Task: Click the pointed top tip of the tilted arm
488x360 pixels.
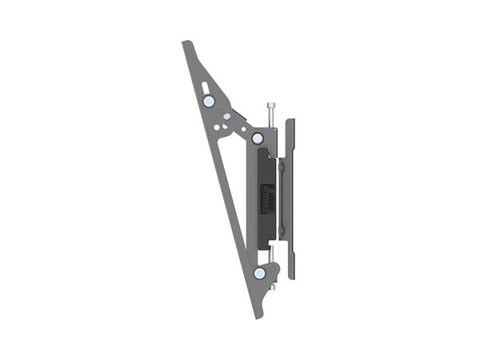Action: (x=186, y=43)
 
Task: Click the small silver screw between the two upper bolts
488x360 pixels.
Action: (x=227, y=117)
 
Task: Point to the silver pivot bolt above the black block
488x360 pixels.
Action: (x=258, y=138)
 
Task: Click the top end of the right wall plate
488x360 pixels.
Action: (x=290, y=122)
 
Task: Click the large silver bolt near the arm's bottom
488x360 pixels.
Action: (x=260, y=274)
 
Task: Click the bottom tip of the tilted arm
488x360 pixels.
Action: (x=258, y=317)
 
